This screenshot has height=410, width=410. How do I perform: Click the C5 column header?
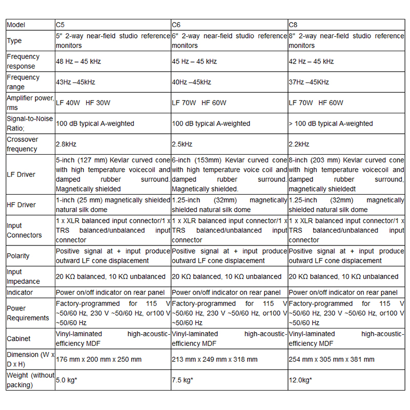click(x=60, y=25)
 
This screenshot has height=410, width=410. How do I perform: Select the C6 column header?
click(x=176, y=25)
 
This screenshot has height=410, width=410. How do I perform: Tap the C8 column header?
click(x=294, y=25)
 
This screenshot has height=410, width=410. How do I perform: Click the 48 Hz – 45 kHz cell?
click(x=78, y=61)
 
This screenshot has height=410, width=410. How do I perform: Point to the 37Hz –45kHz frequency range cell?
click(x=309, y=82)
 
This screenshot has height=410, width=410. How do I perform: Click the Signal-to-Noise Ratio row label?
click(x=29, y=124)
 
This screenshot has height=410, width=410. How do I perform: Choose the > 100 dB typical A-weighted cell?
click(x=331, y=124)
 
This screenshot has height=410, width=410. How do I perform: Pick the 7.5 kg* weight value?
click(x=182, y=380)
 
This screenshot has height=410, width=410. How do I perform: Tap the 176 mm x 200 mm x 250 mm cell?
click(x=98, y=359)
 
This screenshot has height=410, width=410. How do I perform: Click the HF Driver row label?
click(x=21, y=204)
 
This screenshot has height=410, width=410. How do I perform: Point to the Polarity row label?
click(x=18, y=256)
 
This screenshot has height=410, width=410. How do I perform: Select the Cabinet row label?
click(x=18, y=338)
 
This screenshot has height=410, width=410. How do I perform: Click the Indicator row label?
click(x=19, y=293)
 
